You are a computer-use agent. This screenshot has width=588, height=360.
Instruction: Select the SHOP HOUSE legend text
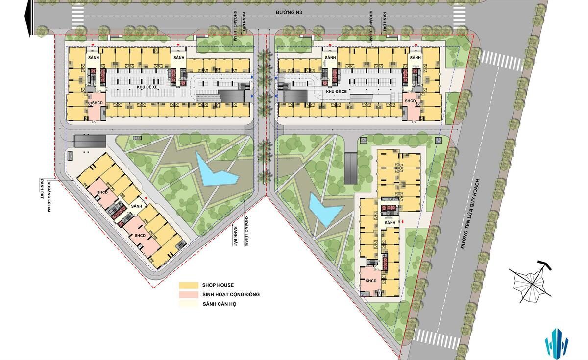click(218, 285)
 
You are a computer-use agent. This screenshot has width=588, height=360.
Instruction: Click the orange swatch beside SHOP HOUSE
click(188, 285)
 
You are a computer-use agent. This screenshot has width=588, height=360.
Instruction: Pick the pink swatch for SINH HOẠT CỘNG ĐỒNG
click(188, 295)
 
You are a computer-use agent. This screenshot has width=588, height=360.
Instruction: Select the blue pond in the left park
click(215, 171)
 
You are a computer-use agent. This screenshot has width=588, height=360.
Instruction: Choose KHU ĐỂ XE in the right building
click(337, 91)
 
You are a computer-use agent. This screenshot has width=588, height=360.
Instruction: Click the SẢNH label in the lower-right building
click(390, 223)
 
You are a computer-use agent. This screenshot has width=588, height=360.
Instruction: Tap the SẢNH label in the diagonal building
click(137, 206)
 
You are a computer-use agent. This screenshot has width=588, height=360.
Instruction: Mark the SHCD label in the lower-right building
click(371, 281)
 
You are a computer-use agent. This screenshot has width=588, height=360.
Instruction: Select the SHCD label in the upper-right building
click(410, 101)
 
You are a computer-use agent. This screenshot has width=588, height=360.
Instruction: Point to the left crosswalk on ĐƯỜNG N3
click(77, 16)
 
